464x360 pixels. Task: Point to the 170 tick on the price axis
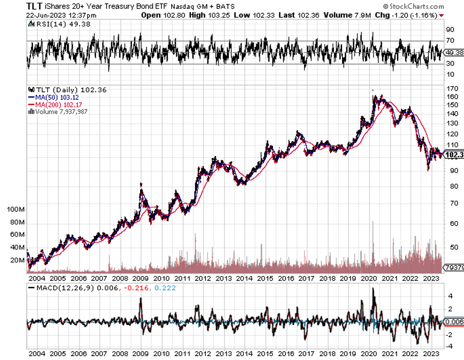[451, 88]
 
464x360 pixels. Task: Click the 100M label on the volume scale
[16, 210]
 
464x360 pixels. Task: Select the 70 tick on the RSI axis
[450, 41]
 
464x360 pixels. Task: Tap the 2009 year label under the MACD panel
[142, 354]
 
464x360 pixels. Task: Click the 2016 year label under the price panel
[287, 278]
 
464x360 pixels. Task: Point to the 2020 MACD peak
[373, 289]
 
